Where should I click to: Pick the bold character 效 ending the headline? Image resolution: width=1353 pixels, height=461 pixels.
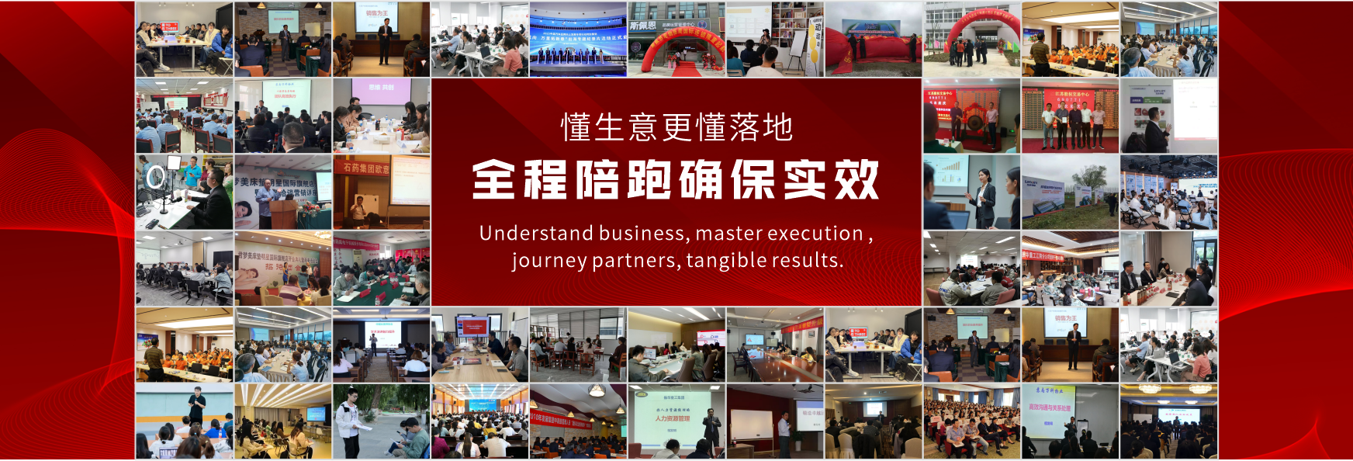856,180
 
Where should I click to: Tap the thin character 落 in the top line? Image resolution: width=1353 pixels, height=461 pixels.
744,127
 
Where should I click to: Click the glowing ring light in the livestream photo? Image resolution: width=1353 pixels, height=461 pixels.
155,177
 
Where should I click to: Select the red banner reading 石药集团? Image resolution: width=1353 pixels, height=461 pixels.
365,167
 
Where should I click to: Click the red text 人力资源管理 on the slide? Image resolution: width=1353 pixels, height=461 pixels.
672,418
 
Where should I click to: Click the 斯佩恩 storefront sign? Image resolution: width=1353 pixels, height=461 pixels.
642,26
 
